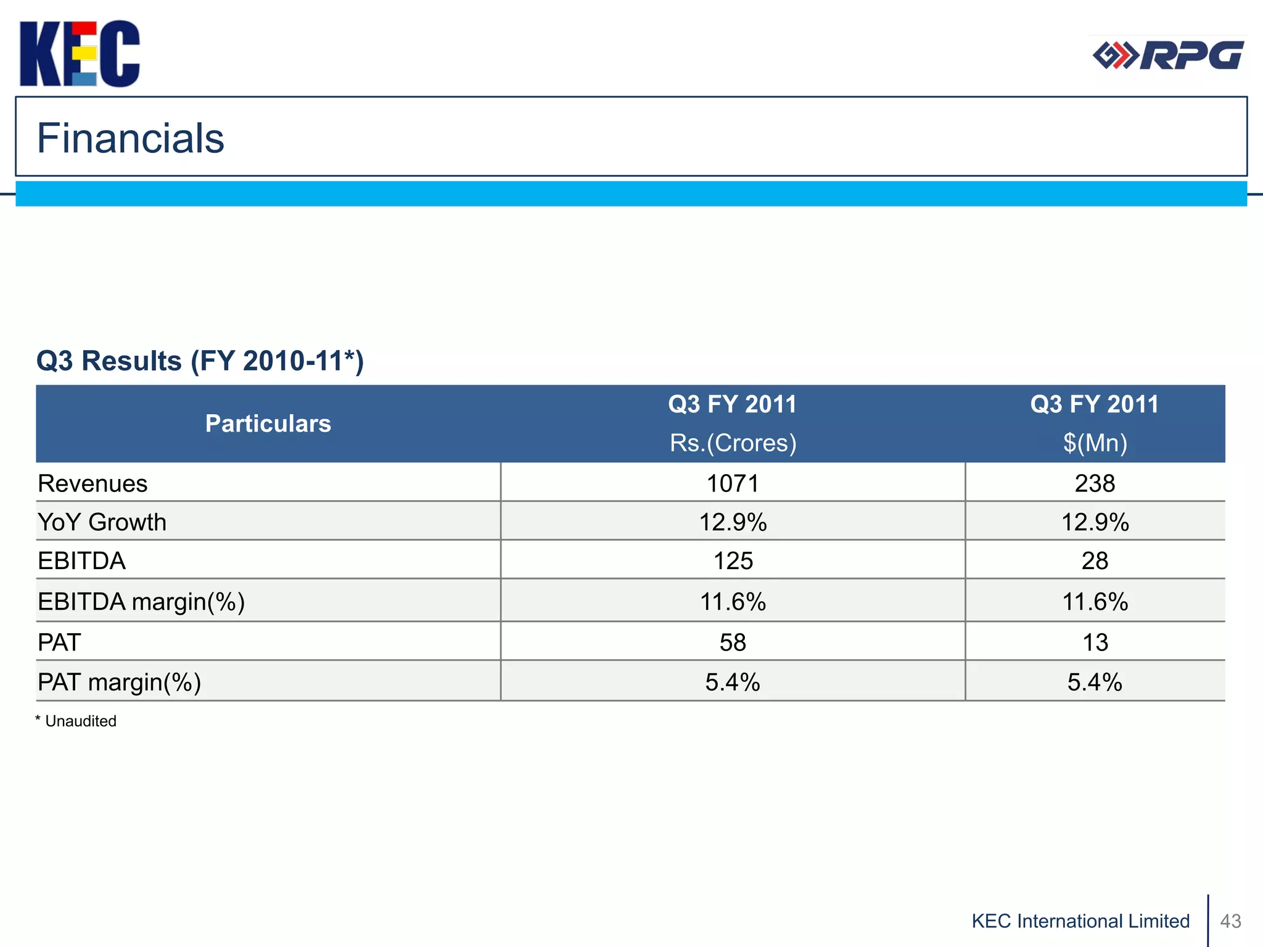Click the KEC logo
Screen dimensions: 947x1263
click(80, 54)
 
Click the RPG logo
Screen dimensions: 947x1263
click(1168, 55)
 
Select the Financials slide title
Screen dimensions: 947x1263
click(130, 138)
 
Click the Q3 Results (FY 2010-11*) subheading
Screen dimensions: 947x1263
click(200, 361)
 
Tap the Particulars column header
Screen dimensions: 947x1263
click(268, 424)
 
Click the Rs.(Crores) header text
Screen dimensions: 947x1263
click(733, 443)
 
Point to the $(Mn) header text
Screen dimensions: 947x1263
click(1095, 443)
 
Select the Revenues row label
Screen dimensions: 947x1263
click(93, 483)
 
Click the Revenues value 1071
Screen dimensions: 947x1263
click(733, 483)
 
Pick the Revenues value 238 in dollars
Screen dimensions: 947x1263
click(1095, 483)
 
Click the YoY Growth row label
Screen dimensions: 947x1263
click(102, 522)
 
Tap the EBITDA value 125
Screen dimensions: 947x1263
click(733, 560)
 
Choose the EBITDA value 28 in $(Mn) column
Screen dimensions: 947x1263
click(1095, 560)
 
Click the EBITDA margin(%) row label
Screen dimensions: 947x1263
click(141, 601)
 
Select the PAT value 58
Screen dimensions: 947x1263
click(733, 642)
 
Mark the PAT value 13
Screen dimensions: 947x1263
click(1095, 642)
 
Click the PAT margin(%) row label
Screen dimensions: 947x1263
click(119, 682)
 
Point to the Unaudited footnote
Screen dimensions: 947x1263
click(76, 721)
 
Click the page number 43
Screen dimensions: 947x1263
click(1230, 920)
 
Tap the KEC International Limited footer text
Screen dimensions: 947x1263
click(1080, 920)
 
